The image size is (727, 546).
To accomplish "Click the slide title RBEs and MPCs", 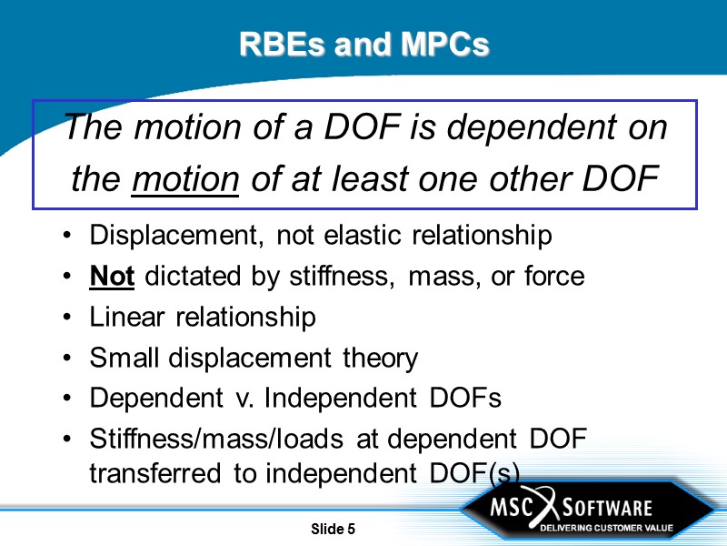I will [x=363, y=44].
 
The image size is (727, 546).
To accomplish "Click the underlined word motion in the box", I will [x=184, y=179].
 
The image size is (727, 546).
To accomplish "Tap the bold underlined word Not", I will [x=112, y=276].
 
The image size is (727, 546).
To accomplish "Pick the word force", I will [x=553, y=276].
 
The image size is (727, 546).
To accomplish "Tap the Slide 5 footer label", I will [x=333, y=529].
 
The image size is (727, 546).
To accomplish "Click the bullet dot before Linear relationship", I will [x=70, y=318].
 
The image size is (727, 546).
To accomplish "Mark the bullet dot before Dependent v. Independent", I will [x=70, y=399].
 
